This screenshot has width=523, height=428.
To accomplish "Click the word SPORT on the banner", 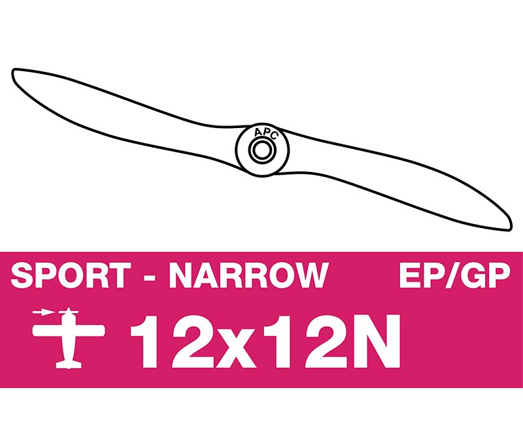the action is [71, 275].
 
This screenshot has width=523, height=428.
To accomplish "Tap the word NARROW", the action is [249, 275].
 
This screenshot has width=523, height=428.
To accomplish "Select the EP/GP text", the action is [455, 275].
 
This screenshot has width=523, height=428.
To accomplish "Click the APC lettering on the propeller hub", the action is [265, 133].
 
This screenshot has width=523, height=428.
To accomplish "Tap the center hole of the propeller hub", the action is [262, 150].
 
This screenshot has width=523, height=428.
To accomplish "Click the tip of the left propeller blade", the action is [14, 71].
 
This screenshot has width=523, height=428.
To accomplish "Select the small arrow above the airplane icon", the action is [43, 312].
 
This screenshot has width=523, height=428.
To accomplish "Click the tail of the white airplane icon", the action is [69, 365].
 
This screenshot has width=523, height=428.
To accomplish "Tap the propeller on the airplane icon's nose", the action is [69, 312].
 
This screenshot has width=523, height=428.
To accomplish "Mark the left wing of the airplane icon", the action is [47, 330].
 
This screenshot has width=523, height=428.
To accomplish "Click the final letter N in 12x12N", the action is [380, 341].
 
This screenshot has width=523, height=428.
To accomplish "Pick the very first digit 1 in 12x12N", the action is [143, 341].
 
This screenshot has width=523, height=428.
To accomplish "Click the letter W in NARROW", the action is [311, 275].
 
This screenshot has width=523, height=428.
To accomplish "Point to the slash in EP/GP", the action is [456, 275].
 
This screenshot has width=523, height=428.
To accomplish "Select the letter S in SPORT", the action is [22, 275].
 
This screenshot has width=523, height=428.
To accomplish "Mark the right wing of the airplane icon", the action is [90, 330].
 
